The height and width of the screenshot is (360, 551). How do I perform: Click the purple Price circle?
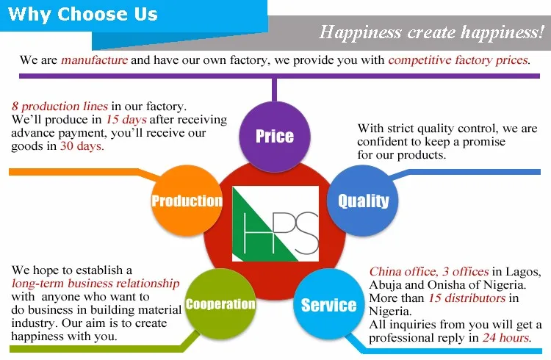click(x=275, y=137)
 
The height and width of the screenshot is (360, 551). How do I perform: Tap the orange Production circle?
click(x=187, y=201)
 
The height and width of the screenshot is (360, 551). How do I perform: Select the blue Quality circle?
click(x=363, y=201)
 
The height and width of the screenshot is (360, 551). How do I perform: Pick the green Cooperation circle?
click(x=220, y=304)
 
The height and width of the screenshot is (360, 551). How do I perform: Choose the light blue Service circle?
click(x=328, y=304)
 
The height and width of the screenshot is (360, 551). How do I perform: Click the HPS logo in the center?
click(x=275, y=223)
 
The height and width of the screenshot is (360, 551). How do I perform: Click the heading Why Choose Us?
click(x=82, y=15)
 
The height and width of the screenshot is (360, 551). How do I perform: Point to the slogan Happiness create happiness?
click(x=431, y=32)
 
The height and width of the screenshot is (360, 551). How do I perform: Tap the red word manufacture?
click(x=95, y=60)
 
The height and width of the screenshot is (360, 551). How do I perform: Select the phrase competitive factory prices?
click(x=458, y=60)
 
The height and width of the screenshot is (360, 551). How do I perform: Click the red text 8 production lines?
click(x=60, y=107)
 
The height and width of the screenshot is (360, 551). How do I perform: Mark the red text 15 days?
click(x=126, y=120)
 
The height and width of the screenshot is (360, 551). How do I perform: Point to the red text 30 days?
click(x=82, y=146)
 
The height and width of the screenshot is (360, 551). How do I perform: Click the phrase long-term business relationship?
click(x=96, y=284)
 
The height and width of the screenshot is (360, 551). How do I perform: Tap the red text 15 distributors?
click(x=467, y=298)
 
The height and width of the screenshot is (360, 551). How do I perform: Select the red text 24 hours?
click(x=505, y=338)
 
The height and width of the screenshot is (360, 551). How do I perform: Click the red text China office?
click(x=403, y=272)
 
